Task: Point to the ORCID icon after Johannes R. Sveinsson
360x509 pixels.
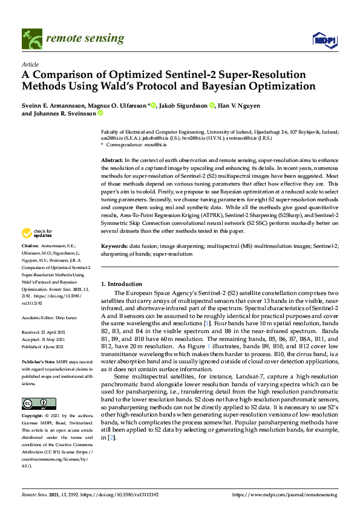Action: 100,113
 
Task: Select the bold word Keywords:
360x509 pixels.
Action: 114,247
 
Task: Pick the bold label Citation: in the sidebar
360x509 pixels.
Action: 30,247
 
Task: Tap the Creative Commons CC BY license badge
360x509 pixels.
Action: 39,403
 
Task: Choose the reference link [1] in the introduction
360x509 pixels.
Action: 208,324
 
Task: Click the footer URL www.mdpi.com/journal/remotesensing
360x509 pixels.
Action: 296,494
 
